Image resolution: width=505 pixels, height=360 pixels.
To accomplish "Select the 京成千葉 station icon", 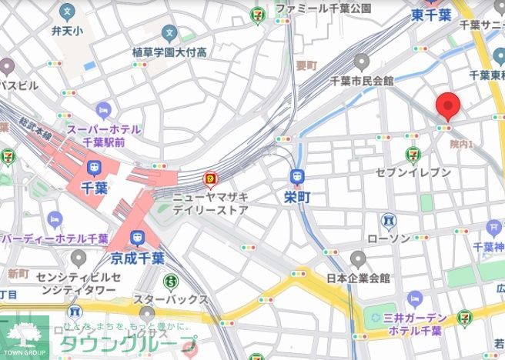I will click(139, 238).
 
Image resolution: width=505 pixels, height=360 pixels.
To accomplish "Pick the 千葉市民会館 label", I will click(362, 80).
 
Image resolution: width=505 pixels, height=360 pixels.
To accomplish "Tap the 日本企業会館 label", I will click(358, 278).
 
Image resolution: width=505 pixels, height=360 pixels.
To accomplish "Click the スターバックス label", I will click(171, 299).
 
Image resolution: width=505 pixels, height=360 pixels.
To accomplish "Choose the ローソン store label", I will click(389, 239).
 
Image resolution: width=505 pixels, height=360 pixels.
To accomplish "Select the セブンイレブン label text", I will click(413, 172).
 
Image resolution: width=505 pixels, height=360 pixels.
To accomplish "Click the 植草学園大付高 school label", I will click(169, 52).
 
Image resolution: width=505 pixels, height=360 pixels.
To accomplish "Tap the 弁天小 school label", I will click(67, 32).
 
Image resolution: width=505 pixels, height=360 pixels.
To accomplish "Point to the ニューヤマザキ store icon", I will click(209, 180).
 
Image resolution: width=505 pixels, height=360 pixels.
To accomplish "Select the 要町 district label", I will click(306, 66).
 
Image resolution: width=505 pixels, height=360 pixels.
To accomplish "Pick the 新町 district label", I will click(18, 273).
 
